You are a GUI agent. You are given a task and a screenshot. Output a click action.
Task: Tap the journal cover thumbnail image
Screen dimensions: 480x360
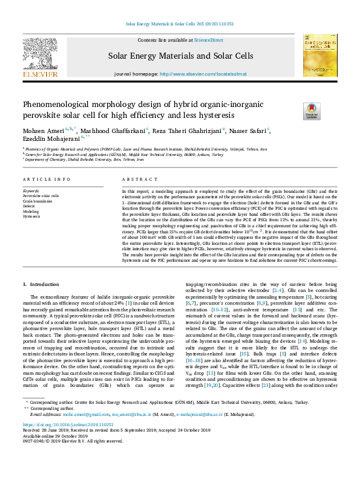319,55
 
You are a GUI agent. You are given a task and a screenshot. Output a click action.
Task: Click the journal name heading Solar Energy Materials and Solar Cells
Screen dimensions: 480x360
180,56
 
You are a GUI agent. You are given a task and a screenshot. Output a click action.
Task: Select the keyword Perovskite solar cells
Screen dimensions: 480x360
41,196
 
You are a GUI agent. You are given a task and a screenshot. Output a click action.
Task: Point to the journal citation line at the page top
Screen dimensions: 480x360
180,24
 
